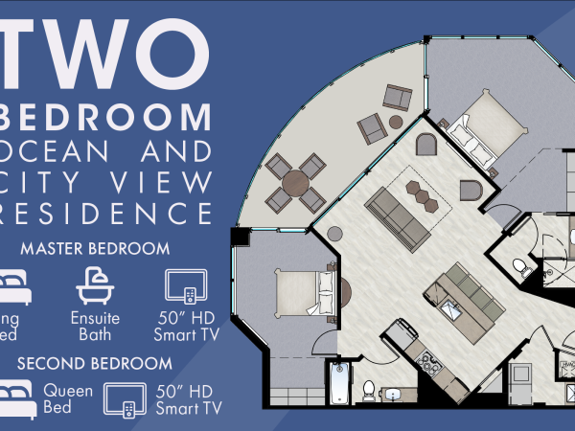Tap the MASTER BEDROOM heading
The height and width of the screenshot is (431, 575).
point(95,249)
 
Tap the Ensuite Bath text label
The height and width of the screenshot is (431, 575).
point(96,326)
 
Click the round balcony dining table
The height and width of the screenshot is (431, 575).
point(297,180)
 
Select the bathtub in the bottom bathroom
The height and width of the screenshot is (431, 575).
point(341,383)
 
